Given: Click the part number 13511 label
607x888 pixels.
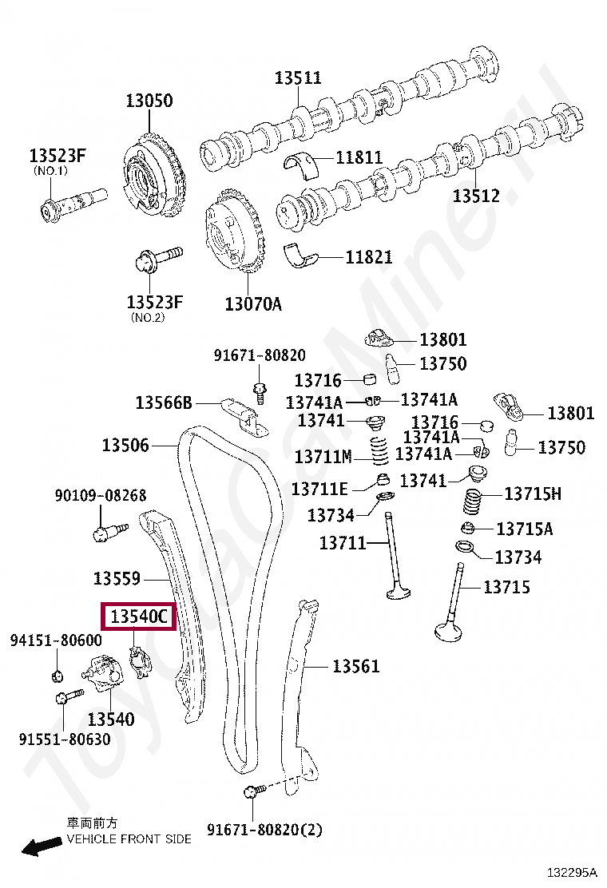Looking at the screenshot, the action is (298, 77).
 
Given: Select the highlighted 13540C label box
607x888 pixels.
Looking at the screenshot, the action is (139, 616).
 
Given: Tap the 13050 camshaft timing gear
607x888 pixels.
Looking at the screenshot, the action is (153, 176).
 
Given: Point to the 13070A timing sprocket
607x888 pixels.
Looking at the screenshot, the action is (235, 232).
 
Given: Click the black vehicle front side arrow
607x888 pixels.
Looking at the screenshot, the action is (42, 846).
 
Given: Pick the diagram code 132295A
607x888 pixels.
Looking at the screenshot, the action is (572, 872).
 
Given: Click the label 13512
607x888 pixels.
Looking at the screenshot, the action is (476, 196).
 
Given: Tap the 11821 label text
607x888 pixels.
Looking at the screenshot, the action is (369, 257).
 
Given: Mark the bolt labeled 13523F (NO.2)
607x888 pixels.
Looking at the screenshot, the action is (158, 258).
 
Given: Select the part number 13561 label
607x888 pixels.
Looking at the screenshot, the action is (355, 666).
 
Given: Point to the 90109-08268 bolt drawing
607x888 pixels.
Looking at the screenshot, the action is (109, 532).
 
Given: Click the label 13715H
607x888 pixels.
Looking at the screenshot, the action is (532, 494).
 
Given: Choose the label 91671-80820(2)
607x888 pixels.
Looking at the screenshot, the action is (264, 830).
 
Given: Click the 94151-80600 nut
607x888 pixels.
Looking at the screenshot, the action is (57, 675).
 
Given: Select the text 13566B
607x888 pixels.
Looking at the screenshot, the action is (164, 402).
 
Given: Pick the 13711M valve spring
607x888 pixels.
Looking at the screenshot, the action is (379, 449).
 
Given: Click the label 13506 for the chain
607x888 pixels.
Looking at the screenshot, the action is (125, 445).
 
